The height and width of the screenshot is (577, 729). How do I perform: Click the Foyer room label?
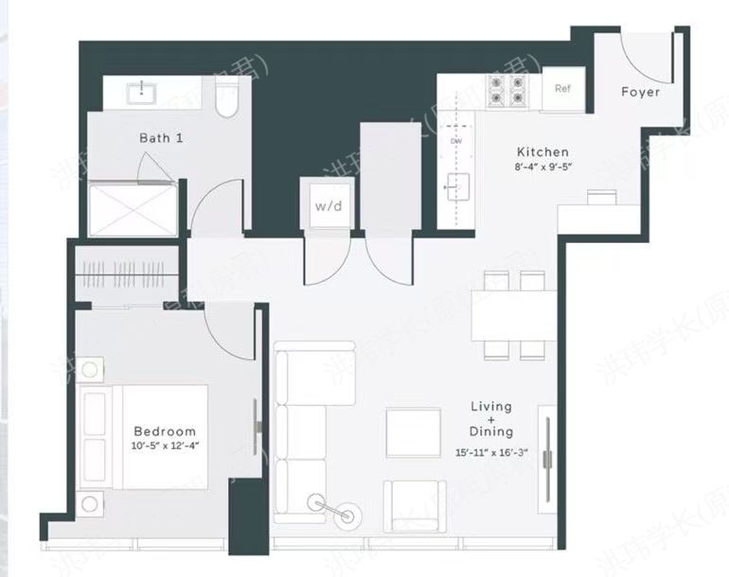pos(640,92)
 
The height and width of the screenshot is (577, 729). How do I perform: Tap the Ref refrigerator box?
pos(562,90)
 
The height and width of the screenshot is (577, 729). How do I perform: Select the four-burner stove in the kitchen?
pos(507,91)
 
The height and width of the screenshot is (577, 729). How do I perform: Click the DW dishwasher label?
pos(456,141)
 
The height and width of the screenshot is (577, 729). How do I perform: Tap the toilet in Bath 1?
pos(227,98)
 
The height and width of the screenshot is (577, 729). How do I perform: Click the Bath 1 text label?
pos(161,138)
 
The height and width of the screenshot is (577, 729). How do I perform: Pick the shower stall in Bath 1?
pos(133,209)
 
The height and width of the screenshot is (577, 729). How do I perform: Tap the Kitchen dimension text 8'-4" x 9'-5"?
pos(542,167)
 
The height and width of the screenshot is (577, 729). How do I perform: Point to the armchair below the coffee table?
pos(415,508)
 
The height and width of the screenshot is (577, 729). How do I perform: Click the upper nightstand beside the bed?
pos(92,368)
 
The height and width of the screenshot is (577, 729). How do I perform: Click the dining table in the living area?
pos(514,315)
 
